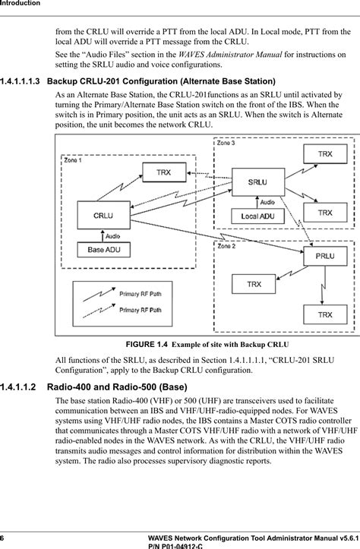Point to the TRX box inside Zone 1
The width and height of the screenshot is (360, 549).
163,172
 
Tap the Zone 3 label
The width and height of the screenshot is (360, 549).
227,143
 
